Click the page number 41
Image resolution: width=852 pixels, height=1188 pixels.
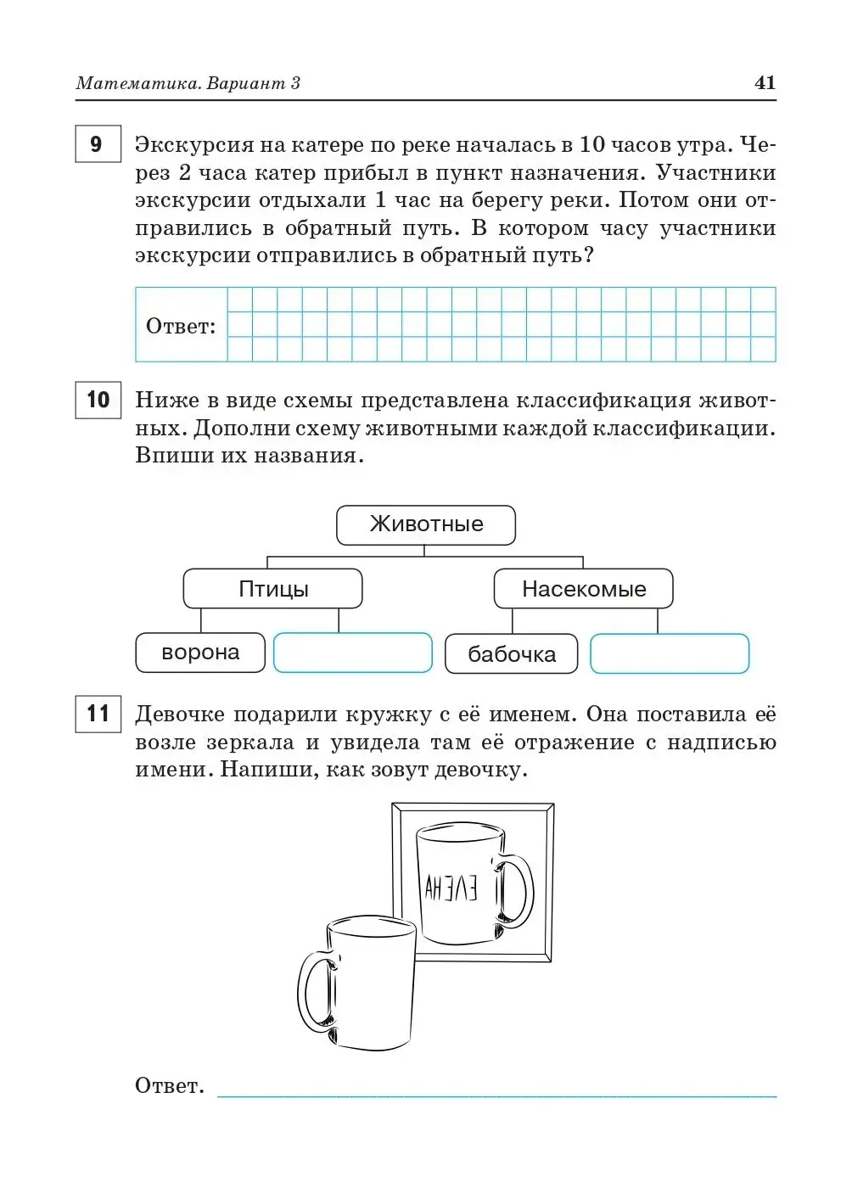click(x=764, y=82)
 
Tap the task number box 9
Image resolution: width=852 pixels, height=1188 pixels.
click(x=98, y=144)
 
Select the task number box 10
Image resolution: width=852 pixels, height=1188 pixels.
click(x=98, y=400)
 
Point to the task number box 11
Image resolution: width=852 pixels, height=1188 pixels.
click(x=98, y=714)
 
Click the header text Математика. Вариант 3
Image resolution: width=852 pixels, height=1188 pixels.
click(x=188, y=83)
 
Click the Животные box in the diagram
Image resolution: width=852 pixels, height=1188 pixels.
click(x=426, y=524)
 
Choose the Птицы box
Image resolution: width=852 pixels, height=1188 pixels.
click(x=272, y=589)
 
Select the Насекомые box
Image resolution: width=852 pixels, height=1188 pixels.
click(x=583, y=589)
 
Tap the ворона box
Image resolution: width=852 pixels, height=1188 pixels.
click(x=200, y=653)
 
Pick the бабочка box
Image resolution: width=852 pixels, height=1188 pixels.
click(x=511, y=654)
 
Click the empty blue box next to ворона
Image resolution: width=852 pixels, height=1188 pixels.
click(x=352, y=653)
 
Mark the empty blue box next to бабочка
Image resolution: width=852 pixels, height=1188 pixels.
click(x=669, y=653)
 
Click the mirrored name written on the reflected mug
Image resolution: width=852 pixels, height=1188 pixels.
click(x=451, y=888)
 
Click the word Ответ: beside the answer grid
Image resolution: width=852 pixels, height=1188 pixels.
click(x=181, y=326)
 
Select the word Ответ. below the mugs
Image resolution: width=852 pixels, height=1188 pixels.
click(x=169, y=1085)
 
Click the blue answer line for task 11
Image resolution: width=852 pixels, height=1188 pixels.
click(x=496, y=1096)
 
